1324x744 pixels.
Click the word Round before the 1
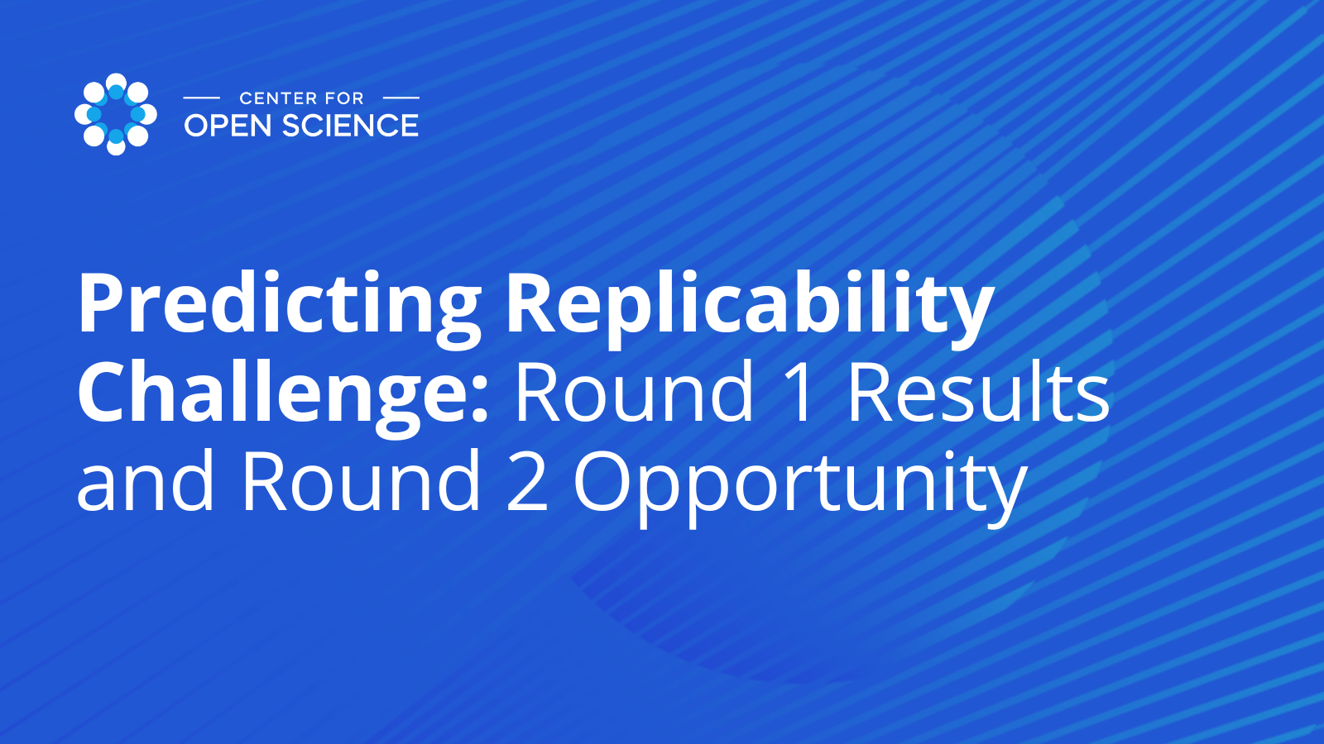tap(635, 392)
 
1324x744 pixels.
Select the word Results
tap(977, 392)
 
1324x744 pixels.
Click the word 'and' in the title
tap(145, 479)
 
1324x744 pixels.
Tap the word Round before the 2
tap(361, 479)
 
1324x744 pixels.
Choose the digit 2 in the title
tap(526, 479)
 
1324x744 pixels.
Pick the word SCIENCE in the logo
tap(351, 126)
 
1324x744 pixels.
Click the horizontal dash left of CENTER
tap(202, 98)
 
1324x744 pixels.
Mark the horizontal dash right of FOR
tap(401, 98)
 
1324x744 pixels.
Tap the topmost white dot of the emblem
tap(116, 82)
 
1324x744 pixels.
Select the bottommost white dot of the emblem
tap(116, 146)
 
